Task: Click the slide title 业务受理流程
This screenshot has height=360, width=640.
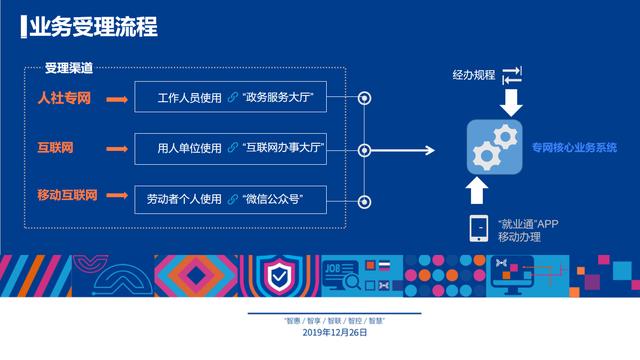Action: pos(92,27)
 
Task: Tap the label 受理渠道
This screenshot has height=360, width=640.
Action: pos(69,68)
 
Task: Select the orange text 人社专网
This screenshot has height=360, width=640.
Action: pos(66,99)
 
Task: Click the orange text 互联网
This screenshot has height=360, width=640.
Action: pos(54,148)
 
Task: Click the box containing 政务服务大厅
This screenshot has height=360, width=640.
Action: pos(244,99)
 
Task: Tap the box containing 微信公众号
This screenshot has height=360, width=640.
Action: pos(244,198)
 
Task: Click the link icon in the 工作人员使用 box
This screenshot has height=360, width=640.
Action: pos(232,99)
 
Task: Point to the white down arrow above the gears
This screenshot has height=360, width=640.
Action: pos(511,102)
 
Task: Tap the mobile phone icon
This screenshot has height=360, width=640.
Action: pos(479,228)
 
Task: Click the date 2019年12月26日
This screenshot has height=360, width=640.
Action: pos(320,333)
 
